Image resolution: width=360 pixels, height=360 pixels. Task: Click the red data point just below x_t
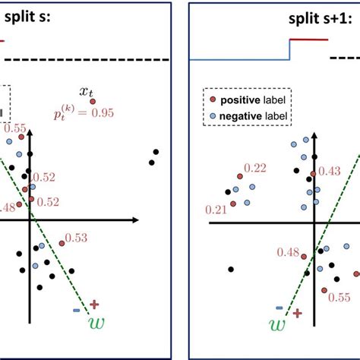(93, 100)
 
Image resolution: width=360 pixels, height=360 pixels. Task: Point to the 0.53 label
(77, 238)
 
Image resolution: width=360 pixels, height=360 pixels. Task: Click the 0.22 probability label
(256, 168)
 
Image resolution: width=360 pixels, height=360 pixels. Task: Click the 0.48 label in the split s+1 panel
(289, 252)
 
